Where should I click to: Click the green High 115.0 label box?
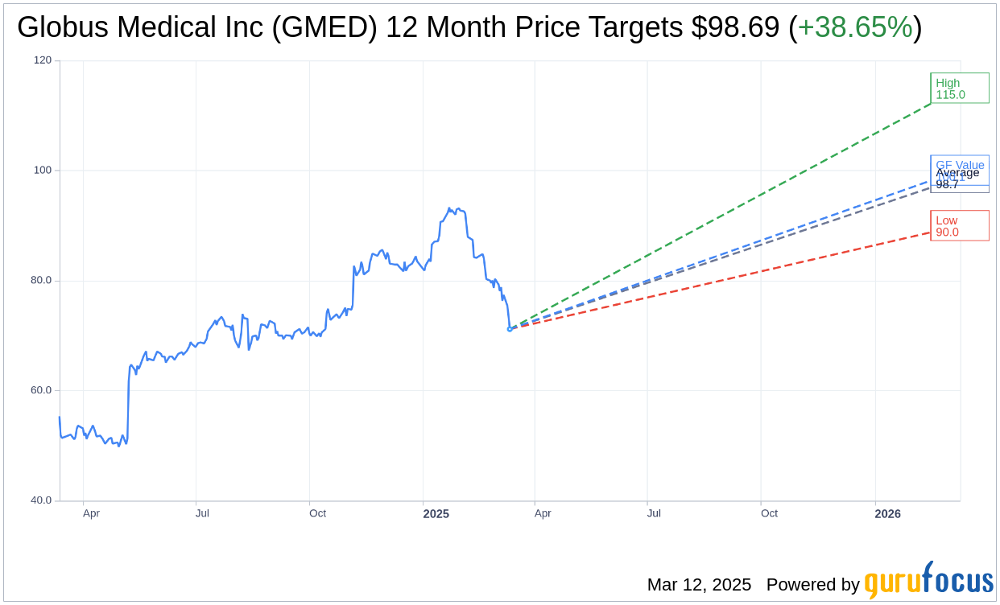[x=959, y=88]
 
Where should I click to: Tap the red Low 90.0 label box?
[x=959, y=226]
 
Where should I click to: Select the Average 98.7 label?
[x=957, y=179]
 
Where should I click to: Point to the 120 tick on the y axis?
[x=42, y=60]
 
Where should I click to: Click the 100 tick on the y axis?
[x=42, y=171]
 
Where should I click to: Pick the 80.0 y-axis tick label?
[x=40, y=281]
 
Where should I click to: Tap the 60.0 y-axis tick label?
[x=40, y=390]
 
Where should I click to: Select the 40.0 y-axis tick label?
[x=40, y=500]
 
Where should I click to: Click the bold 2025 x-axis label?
[x=436, y=513]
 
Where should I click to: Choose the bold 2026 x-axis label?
[x=887, y=513]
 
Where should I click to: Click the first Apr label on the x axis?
[x=91, y=513]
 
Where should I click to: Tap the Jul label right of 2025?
[x=654, y=513]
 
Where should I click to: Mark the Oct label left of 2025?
[x=317, y=513]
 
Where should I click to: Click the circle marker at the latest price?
[x=510, y=329]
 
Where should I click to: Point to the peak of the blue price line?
[x=449, y=208]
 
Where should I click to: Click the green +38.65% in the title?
[x=855, y=27]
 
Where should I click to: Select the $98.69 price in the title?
[x=735, y=27]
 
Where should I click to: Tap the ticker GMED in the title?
[x=324, y=27]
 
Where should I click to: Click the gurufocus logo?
[x=928, y=581]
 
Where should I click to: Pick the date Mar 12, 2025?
[x=699, y=585]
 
